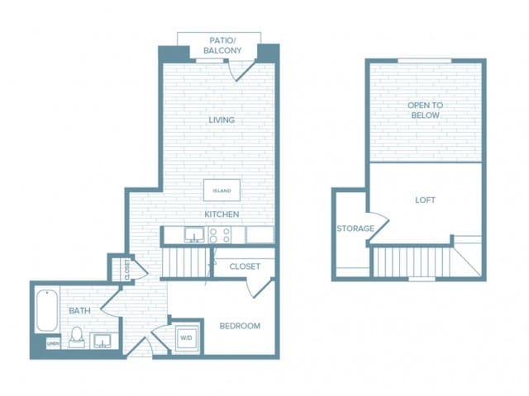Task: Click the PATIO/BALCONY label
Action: point(219,45)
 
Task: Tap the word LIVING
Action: point(222,120)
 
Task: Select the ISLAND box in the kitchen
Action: point(222,191)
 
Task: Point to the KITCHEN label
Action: point(222,214)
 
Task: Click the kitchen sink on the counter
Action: point(193,235)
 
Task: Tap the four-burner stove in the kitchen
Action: point(219,235)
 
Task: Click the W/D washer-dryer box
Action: point(186,337)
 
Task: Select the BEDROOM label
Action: point(240,326)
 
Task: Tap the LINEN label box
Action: point(52,343)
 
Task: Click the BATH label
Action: point(79,311)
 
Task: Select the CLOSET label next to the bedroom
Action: point(244,266)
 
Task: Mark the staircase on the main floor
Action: point(184,264)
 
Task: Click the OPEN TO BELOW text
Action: point(425,111)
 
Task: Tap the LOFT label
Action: point(425,200)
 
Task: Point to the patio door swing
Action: point(242,72)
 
